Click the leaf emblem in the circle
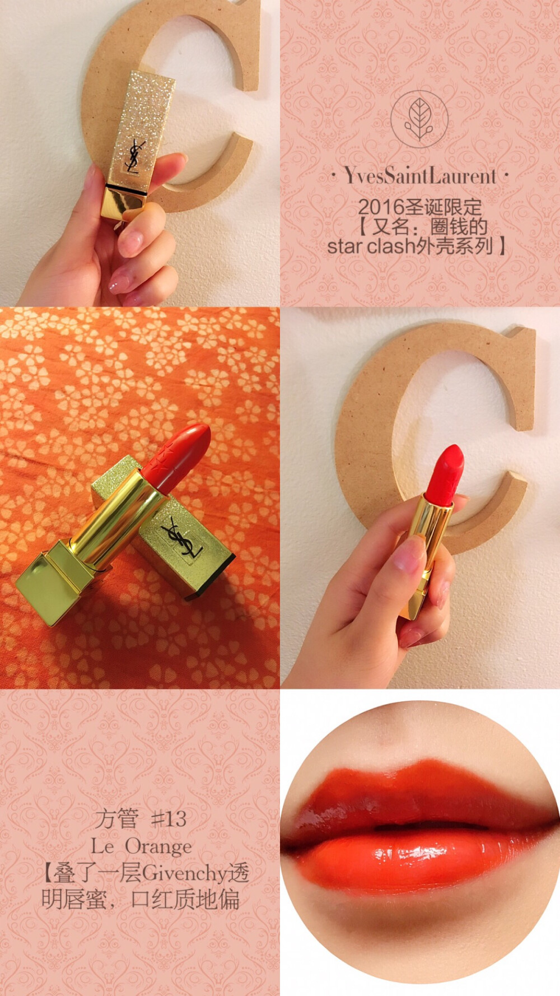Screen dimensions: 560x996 pyautogui.click(x=419, y=119)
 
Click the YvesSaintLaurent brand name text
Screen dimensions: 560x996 pyautogui.click(x=420, y=176)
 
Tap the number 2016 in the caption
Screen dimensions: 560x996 pyautogui.click(x=381, y=207)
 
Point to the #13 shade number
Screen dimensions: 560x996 pyautogui.click(x=169, y=819)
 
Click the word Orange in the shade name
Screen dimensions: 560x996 pyautogui.click(x=158, y=846)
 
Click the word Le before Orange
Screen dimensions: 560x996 pyautogui.click(x=102, y=846)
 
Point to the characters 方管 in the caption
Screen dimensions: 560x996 pyautogui.click(x=116, y=819)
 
